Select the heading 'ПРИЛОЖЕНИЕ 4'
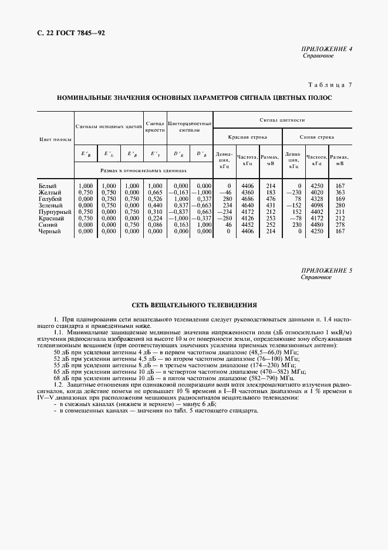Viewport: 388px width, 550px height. (326, 49)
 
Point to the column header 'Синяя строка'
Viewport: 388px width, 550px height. (317, 136)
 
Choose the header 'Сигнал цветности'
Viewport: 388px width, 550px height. (282, 119)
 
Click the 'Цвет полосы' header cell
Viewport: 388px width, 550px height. (55, 140)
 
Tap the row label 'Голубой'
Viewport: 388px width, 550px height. (49, 199)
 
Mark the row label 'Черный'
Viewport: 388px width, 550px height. (49, 231)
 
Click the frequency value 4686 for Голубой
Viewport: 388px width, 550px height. (247, 199)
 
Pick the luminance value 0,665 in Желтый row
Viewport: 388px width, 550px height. (155, 192)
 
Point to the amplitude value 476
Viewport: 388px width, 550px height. (270, 199)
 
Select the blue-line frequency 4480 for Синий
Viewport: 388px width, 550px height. (317, 224)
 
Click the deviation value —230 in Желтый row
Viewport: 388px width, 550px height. (293, 192)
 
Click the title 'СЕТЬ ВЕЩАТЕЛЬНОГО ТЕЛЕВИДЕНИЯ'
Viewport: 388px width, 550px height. (194, 306)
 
